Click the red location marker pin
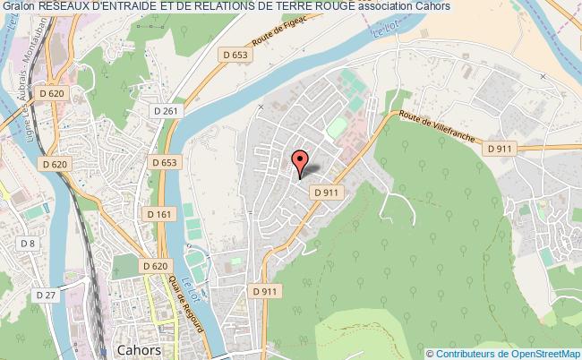pos(301,162)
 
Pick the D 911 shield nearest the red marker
pos(324,192)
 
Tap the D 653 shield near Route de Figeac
pos(235,55)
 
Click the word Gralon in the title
pos(18,7)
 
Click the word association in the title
pos(381,7)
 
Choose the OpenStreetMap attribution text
pos(503,353)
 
